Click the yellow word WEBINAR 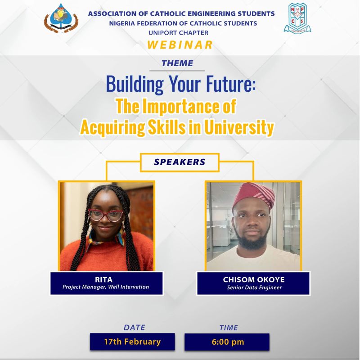click(x=180, y=45)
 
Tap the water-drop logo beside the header click(x=61, y=18)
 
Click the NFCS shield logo click(x=297, y=18)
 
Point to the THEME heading click(x=177, y=63)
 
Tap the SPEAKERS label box click(x=180, y=162)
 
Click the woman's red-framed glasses click(x=106, y=215)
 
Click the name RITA click(x=104, y=279)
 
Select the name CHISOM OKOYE click(x=254, y=279)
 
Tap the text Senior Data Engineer click(x=254, y=288)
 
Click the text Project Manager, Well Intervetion click(x=106, y=287)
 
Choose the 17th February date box click(x=132, y=342)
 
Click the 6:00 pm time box click(x=227, y=342)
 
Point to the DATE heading click(x=134, y=328)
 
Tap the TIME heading click(x=229, y=328)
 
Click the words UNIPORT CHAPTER click(x=178, y=33)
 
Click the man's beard click(x=252, y=242)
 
